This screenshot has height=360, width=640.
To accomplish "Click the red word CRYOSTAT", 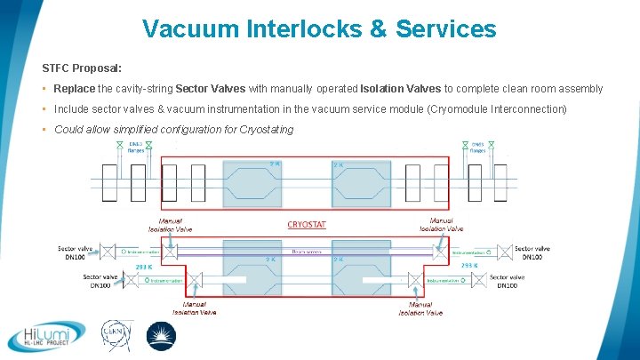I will [307, 224].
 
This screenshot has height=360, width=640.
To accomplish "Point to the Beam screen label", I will [307, 252].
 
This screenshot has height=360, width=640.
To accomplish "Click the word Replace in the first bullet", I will [75, 89].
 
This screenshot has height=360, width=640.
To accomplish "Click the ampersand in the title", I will [378, 29].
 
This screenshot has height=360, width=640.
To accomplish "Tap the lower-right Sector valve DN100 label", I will [508, 281].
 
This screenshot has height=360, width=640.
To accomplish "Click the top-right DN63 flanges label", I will [477, 147].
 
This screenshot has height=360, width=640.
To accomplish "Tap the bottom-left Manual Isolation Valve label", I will [194, 308].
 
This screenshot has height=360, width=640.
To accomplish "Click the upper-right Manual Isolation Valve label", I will [442, 225].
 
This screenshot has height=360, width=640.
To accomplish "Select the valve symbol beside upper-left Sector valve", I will [108, 252].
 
